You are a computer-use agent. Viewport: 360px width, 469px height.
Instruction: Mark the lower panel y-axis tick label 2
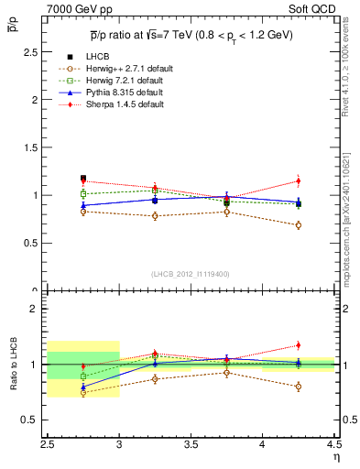36,309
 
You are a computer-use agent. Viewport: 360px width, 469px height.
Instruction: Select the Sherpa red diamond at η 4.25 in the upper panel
299,180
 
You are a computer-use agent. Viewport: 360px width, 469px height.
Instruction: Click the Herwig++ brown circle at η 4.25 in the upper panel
299,224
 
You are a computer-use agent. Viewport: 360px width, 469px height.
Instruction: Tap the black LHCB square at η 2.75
83,179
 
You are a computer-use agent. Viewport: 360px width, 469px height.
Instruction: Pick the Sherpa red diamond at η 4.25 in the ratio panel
299,345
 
